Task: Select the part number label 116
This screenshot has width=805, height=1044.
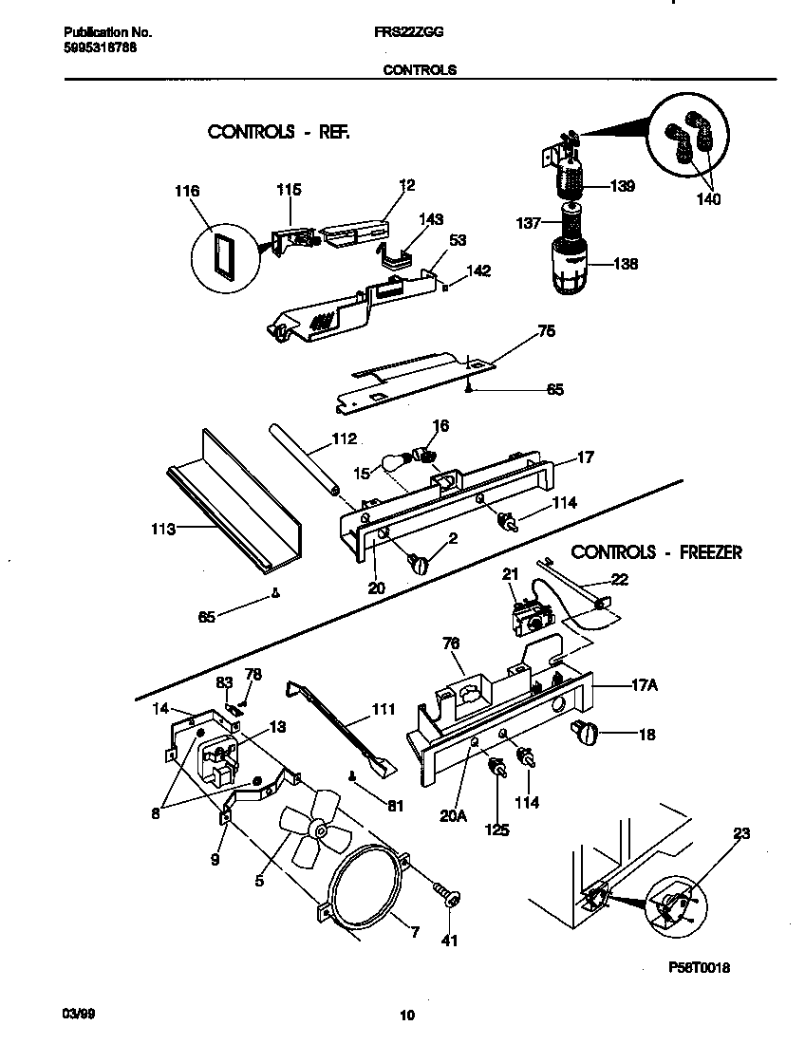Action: point(187,191)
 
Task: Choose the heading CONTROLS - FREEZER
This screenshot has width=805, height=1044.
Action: point(656,551)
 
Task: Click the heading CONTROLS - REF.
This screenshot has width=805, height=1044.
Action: point(278,132)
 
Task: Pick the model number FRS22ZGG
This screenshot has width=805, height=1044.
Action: point(408,31)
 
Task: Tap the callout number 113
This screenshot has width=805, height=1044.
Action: point(162,529)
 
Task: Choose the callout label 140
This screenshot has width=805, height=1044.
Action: point(707,199)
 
